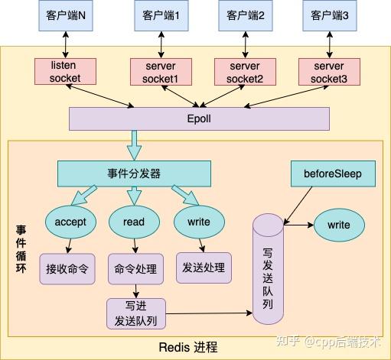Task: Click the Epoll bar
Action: pyautogui.click(x=199, y=118)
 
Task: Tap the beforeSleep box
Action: pyautogui.click(x=334, y=174)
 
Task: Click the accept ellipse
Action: pyautogui.click(x=71, y=222)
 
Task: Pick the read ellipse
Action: pyautogui.click(x=134, y=222)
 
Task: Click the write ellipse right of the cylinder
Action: pyautogui.click(x=339, y=225)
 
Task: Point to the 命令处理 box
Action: pyautogui.click(x=135, y=268)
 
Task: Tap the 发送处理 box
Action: pyautogui.click(x=204, y=267)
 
